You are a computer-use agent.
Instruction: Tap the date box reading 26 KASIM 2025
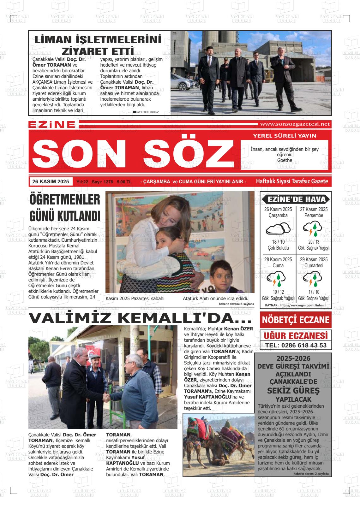pos(51,181)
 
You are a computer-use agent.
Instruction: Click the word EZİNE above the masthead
pos(52,125)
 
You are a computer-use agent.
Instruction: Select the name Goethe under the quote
pos(285,160)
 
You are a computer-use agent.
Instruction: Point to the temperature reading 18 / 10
pos(278,242)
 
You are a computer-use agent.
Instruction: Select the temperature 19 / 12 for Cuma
pos(278,292)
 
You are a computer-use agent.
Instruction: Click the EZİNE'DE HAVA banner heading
pos(296,199)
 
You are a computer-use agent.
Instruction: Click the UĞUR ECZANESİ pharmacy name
pos(296,335)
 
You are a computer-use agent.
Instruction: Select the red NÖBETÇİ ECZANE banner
pos(296,320)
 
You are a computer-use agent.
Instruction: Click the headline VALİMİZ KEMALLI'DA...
pos(140,318)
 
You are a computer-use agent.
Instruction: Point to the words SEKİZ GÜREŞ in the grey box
pos(293,391)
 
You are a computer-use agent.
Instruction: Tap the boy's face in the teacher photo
pos(221,273)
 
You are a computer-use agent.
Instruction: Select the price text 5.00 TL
pos(124,182)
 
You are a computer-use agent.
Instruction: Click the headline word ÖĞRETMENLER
pos(65,200)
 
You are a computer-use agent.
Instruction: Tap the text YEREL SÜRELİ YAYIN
pos(284,136)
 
